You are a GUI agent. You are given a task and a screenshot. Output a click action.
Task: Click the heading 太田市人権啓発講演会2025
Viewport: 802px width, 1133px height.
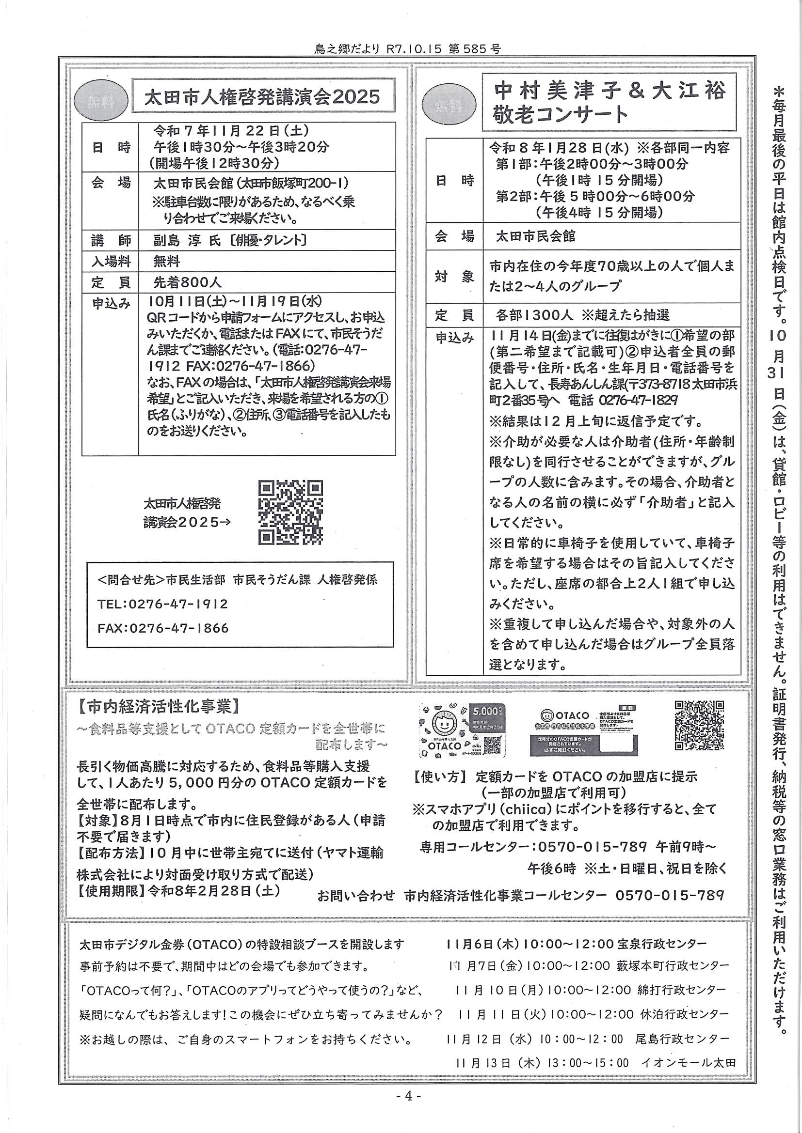pyautogui.click(x=262, y=97)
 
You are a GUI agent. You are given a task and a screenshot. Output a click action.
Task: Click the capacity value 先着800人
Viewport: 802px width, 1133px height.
pyautogui.click(x=188, y=282)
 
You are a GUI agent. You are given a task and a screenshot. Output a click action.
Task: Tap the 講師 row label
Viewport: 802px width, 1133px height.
pyautogui.click(x=111, y=240)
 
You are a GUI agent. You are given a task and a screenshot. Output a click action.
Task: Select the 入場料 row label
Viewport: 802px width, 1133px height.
pyautogui.click(x=111, y=261)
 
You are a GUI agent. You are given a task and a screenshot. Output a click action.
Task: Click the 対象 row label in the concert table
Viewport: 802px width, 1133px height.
pyautogui.click(x=454, y=276)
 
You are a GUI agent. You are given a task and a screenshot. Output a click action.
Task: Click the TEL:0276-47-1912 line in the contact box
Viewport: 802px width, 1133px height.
pyautogui.click(x=163, y=604)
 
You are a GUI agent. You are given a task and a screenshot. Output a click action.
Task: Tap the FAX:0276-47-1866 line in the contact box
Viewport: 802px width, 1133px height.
pyautogui.click(x=163, y=628)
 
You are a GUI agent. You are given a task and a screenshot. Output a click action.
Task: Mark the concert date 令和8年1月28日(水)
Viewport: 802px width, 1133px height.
pyautogui.click(x=558, y=148)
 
